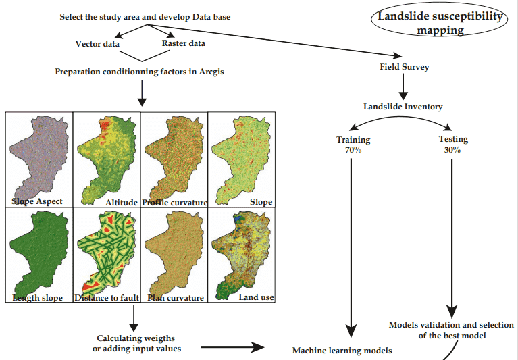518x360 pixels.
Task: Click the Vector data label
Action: pos(97,44)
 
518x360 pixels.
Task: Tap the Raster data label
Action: pos(183,43)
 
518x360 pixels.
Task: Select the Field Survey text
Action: pos(405,67)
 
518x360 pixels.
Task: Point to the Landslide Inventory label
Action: pos(403,107)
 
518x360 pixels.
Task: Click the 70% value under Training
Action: pos(353,150)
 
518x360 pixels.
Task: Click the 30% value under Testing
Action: pos(452,150)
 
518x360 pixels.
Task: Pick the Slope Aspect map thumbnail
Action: pos(39,159)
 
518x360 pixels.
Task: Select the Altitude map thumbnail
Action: pos(107,159)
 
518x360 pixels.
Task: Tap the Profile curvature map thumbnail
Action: pos(174,159)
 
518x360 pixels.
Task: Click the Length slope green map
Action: pos(39,255)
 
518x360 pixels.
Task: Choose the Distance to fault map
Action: pos(107,255)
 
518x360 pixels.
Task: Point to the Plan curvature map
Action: pos(174,255)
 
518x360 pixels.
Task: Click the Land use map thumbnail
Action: pos(242,255)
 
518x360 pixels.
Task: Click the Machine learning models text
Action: pos(342,351)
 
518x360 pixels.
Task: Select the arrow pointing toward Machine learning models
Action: pos(232,347)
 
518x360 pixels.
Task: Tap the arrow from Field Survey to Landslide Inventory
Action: pos(403,86)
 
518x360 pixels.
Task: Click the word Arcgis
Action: pos(211,72)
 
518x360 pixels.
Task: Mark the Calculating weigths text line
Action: pos(136,338)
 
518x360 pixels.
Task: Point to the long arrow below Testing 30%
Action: pos(452,238)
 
